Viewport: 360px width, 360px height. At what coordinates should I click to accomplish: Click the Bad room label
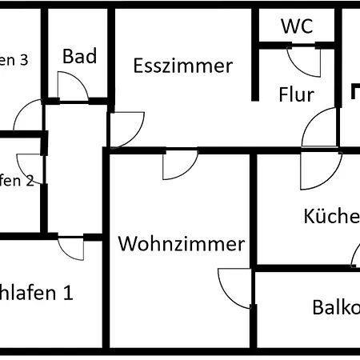[x=79, y=56]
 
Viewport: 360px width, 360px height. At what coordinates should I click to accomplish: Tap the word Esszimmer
[x=183, y=66]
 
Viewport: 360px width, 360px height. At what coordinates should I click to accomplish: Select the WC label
[x=296, y=25]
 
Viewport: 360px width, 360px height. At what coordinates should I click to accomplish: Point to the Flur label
[x=296, y=94]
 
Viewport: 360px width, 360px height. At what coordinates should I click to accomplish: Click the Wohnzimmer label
[x=181, y=244]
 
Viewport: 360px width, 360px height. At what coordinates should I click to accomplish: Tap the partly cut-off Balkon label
[x=335, y=308]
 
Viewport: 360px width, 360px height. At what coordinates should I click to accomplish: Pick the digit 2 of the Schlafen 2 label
[x=30, y=181]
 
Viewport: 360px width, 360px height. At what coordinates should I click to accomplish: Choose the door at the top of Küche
[x=317, y=170]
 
